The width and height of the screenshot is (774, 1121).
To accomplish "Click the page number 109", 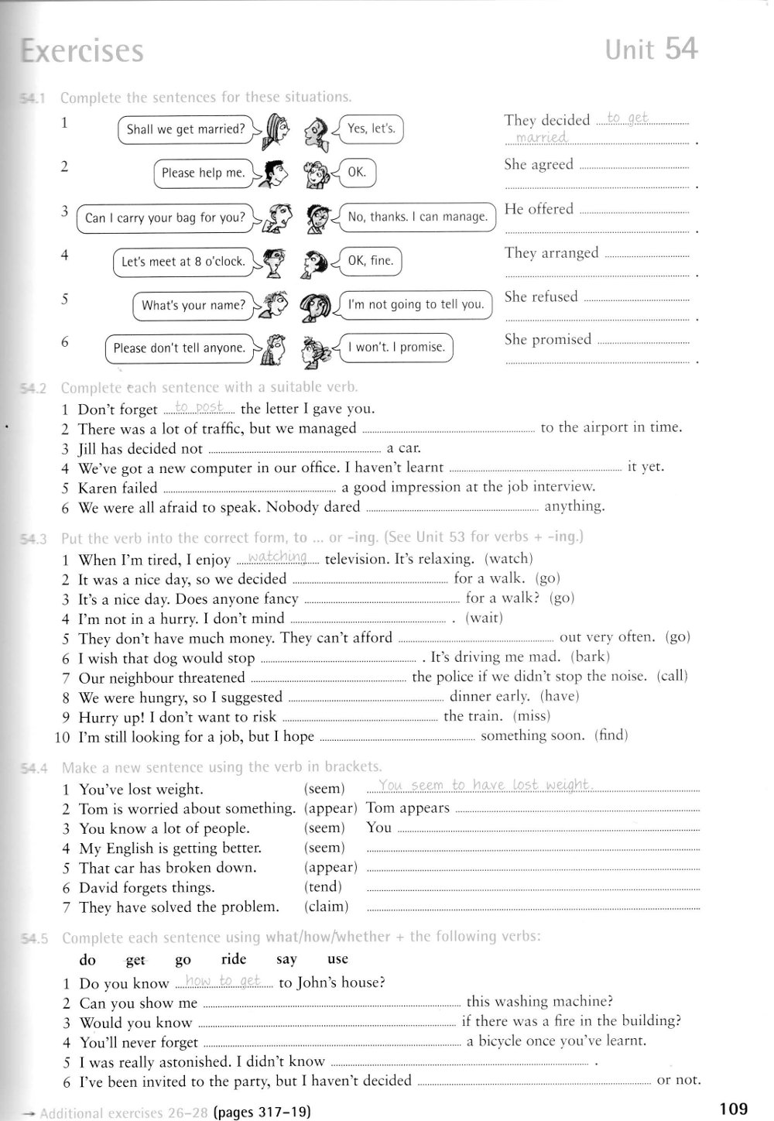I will (x=732, y=1109).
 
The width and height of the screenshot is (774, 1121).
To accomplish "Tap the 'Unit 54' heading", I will (x=651, y=50).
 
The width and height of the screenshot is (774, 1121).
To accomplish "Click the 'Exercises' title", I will (x=83, y=51).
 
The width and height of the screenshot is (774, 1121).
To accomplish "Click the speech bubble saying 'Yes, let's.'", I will (x=372, y=129).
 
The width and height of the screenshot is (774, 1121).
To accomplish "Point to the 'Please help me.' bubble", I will (x=204, y=173).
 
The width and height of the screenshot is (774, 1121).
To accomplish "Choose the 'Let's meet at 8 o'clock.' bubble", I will (x=183, y=262).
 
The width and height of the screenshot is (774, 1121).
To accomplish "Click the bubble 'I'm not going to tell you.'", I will (x=416, y=304).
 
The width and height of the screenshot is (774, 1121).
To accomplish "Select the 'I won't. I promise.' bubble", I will (x=396, y=347).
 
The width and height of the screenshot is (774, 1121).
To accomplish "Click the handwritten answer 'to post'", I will (x=199, y=406).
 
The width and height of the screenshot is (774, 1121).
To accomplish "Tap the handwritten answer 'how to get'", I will (x=224, y=982).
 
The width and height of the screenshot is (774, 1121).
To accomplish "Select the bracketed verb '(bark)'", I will (x=590, y=656).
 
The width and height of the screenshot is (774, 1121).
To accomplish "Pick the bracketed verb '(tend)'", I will (x=323, y=887).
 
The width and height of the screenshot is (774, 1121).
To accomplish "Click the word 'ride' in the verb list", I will (x=234, y=959).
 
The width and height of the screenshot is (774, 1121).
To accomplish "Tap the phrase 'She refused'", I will (x=541, y=297).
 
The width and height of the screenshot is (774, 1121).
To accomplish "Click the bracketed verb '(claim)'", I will (x=326, y=907).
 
